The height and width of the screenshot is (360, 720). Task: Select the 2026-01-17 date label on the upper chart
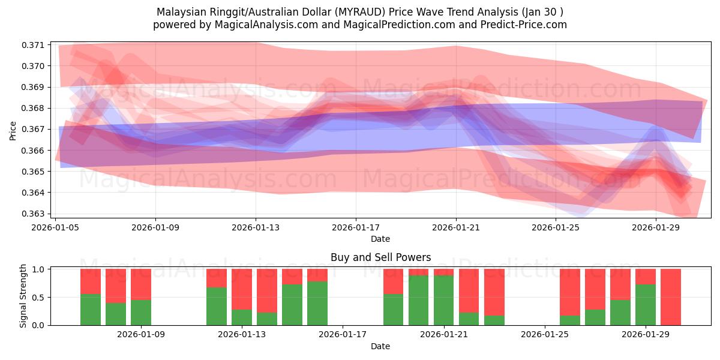pos(356,227)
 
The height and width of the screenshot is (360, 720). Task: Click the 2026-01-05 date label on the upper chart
pos(56,227)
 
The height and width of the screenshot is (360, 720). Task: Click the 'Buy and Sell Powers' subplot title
pos(380,257)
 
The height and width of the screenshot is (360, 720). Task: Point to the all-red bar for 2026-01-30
pos(671,297)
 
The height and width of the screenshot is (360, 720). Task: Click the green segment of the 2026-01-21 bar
pos(444,301)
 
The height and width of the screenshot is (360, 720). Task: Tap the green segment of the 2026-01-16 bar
pos(317,304)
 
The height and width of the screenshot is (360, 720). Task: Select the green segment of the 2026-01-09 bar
pos(141,313)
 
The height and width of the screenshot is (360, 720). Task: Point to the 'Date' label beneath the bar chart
pos(380,346)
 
